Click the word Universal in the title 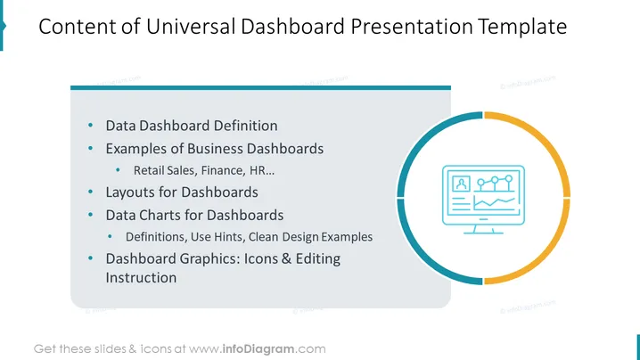[x=191, y=27]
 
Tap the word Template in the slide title [x=522, y=28]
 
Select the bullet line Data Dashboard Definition [x=192, y=126]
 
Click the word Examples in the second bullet [x=136, y=149]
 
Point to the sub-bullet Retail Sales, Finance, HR [x=203, y=170]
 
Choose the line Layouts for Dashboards [x=182, y=192]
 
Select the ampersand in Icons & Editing [x=286, y=258]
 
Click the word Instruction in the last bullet [x=141, y=277]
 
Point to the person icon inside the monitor [x=461, y=184]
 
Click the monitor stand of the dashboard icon [x=484, y=229]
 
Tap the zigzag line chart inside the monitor [x=494, y=201]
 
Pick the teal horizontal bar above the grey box [x=260, y=87]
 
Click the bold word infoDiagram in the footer [x=258, y=349]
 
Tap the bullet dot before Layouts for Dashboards [x=90, y=192]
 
